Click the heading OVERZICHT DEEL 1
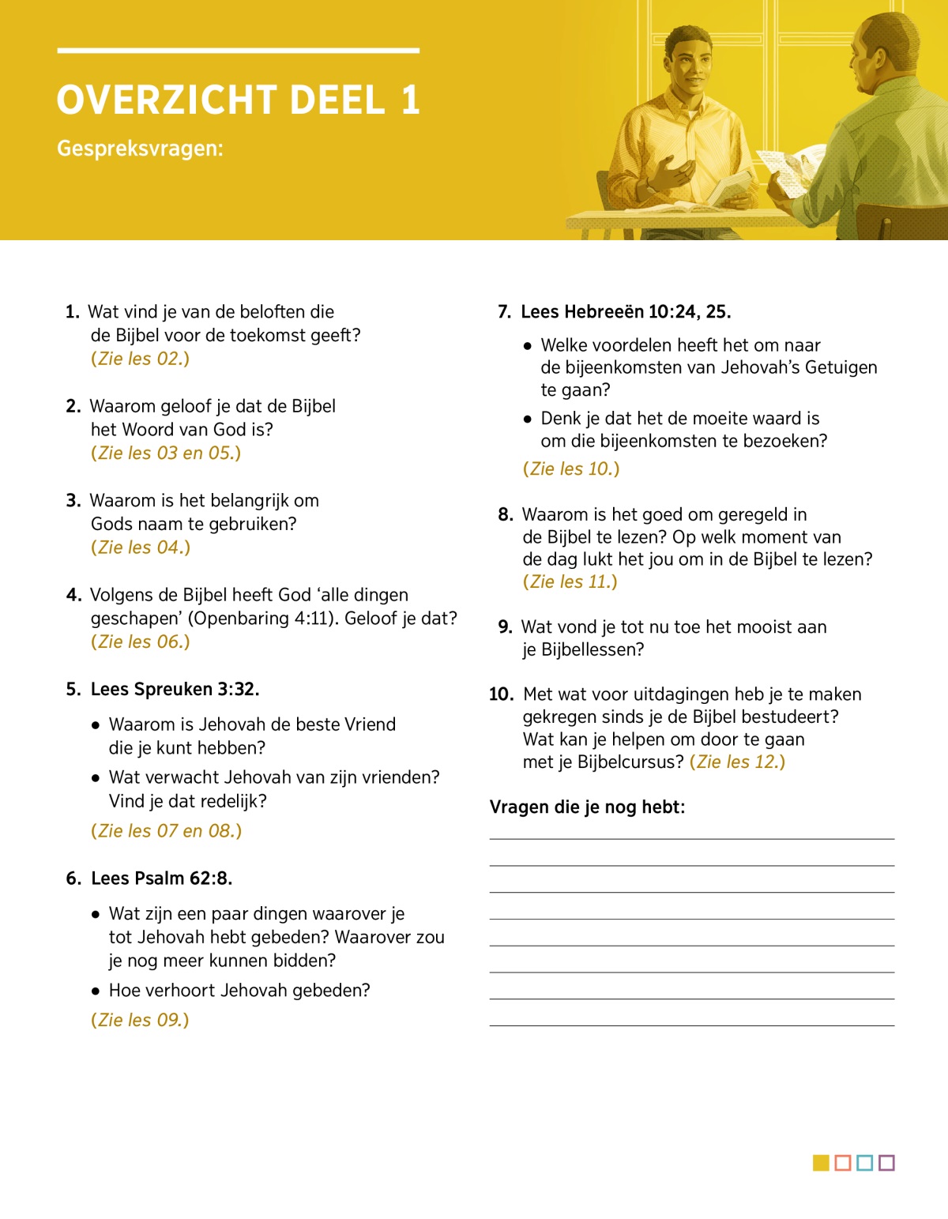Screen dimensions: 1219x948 coord(238,100)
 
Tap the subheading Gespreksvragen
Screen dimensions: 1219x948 coord(140,149)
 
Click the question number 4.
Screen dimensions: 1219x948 coord(73,595)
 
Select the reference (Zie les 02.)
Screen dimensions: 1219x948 coord(141,359)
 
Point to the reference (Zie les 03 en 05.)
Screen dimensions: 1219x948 coord(166,453)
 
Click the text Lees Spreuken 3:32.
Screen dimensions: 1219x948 coord(175,689)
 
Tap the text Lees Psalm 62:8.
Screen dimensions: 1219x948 coord(161,879)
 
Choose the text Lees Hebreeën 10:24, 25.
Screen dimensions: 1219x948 coord(626,312)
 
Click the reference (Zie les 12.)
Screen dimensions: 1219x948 coord(737,762)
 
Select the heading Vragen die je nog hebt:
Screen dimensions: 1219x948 coord(587,807)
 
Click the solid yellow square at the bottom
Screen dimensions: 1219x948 coord(821,1162)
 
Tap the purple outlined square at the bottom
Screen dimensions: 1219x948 coord(886,1162)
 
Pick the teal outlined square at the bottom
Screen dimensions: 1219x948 coord(864,1162)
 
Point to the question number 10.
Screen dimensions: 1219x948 coord(501,694)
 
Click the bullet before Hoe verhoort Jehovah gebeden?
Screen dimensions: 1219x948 coord(96,991)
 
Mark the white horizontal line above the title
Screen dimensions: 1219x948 coord(238,51)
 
